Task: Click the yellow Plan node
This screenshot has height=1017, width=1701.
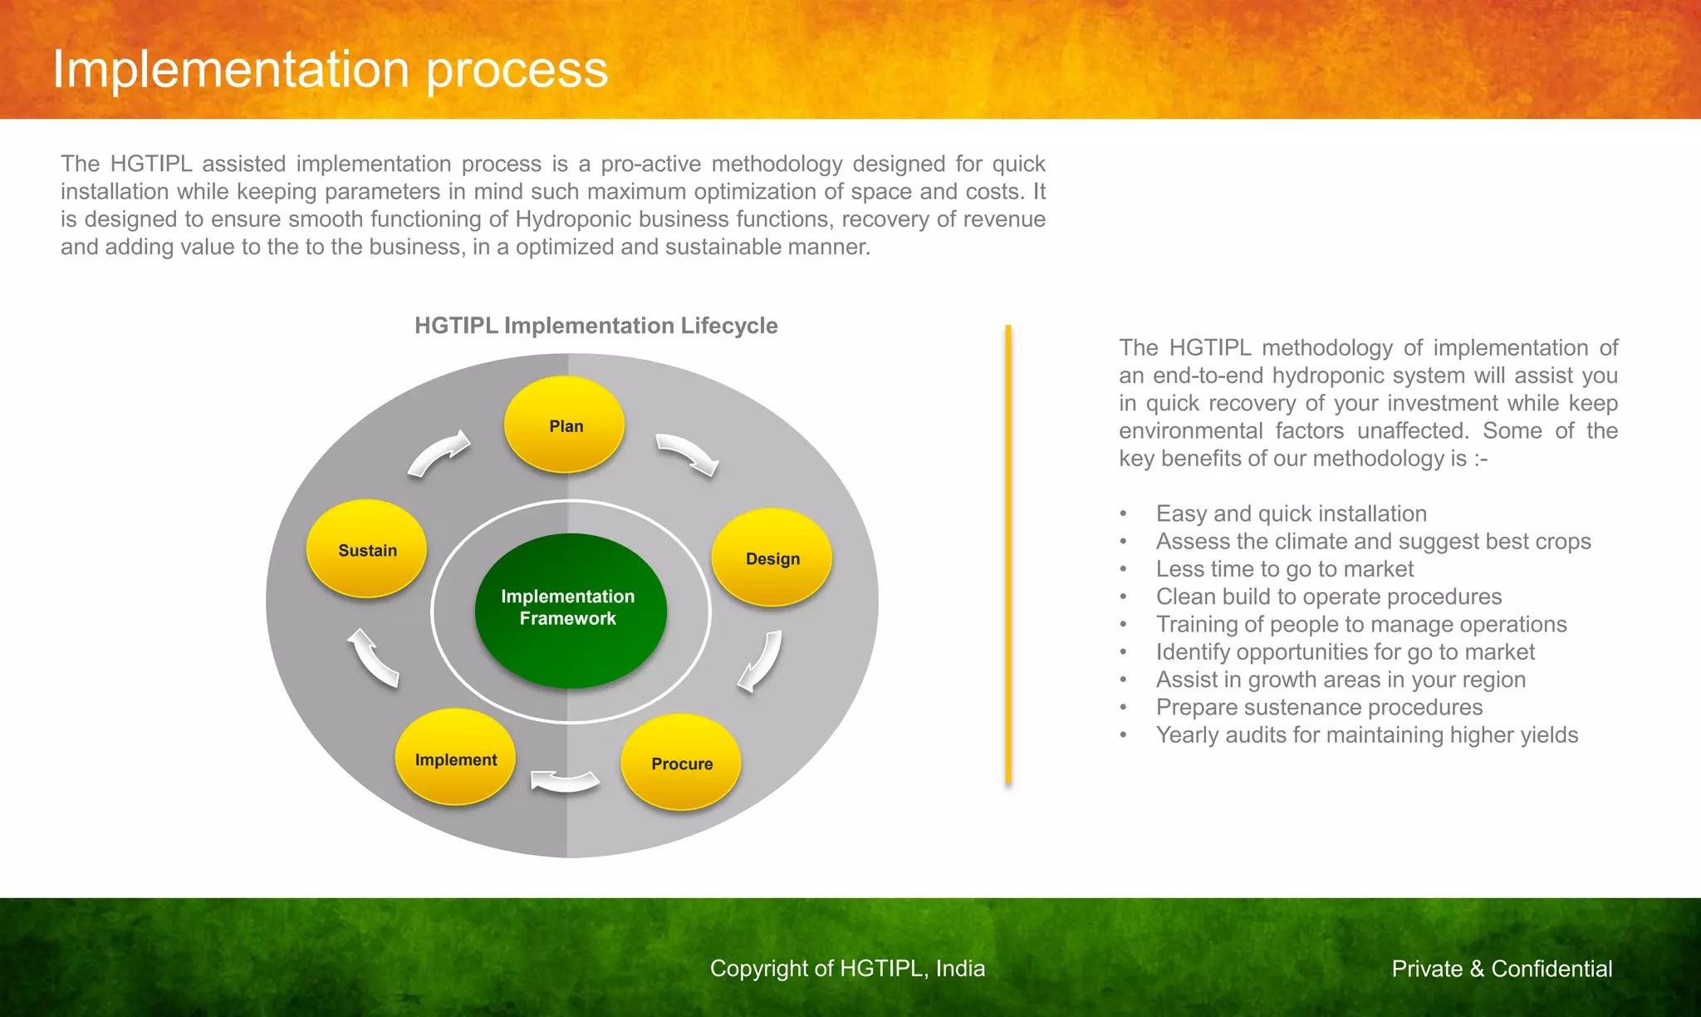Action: [x=565, y=425]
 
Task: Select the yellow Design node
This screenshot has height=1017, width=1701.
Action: [x=772, y=558]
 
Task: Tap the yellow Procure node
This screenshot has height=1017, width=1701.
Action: [x=681, y=762]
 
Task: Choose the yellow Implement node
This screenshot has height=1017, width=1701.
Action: [x=455, y=758]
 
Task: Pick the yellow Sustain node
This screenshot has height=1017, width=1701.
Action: [x=366, y=549]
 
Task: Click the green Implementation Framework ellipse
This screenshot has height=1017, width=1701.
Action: [x=570, y=610]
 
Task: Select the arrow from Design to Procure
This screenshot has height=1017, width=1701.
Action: [x=762, y=661]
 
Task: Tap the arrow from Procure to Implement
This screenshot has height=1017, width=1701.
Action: [x=565, y=781]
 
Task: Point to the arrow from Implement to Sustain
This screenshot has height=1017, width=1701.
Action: [x=373, y=657]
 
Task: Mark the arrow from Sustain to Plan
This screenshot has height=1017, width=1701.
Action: [x=439, y=453]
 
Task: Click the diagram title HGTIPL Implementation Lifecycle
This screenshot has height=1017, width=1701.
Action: [x=596, y=326]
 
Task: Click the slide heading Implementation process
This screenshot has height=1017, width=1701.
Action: [x=330, y=69]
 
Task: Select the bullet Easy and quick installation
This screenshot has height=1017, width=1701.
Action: [x=1291, y=513]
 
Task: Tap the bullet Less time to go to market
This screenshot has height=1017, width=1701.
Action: [x=1284, y=569]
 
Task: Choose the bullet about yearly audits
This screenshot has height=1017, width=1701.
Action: [x=1366, y=734]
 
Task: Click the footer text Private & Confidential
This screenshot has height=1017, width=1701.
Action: [x=1502, y=969]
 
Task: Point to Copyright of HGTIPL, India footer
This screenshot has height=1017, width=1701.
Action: [x=847, y=969]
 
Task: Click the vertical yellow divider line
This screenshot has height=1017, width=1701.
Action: [x=1008, y=555]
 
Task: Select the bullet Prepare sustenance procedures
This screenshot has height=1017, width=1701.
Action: [x=1319, y=707]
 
